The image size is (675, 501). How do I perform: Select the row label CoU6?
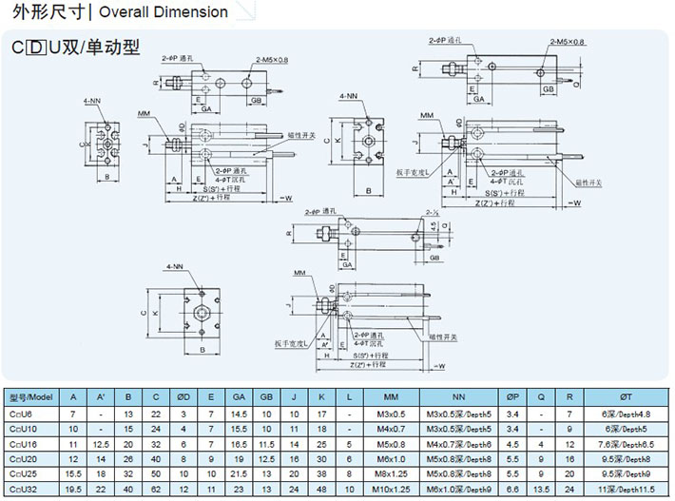tap(23, 414)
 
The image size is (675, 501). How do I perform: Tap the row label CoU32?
tap(25, 489)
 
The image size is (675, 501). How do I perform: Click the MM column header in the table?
tap(390, 396)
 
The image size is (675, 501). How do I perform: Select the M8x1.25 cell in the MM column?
tap(390, 473)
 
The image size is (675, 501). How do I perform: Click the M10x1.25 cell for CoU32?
tap(390, 489)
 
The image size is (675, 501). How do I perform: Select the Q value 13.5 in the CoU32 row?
tap(541, 489)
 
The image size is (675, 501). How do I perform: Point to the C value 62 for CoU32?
tap(155, 489)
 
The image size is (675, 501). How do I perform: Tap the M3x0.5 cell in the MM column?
tap(390, 414)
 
